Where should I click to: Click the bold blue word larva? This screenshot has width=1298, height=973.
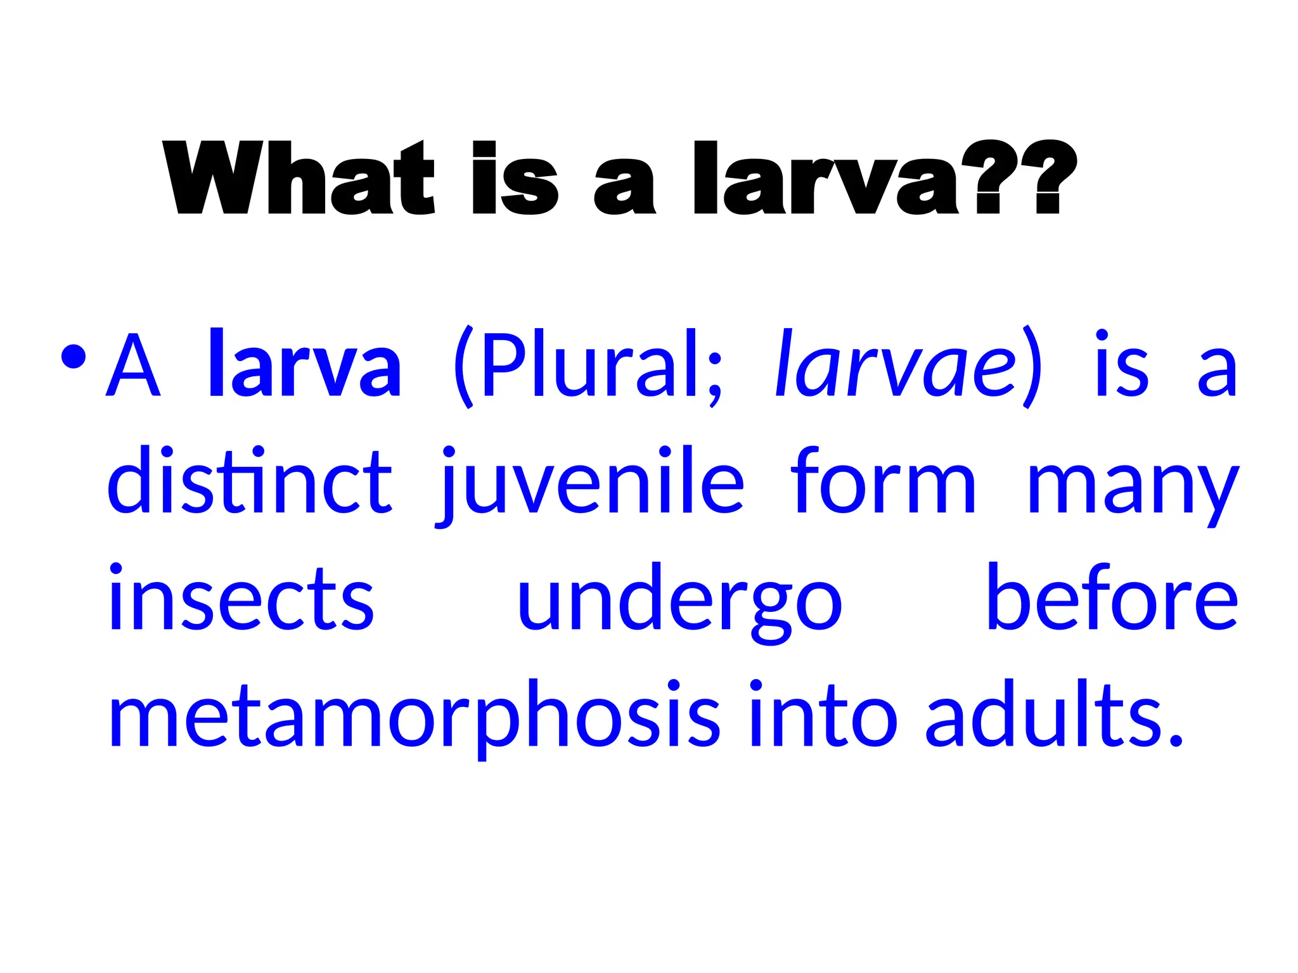coord(305,364)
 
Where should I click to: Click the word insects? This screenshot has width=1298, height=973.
coord(241,598)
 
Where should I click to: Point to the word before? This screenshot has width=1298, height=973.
coord(1112,598)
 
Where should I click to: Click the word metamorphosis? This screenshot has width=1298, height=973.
coord(414,716)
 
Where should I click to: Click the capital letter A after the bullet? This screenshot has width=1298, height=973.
coord(133,366)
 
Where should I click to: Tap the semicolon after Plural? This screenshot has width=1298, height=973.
coord(714,377)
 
